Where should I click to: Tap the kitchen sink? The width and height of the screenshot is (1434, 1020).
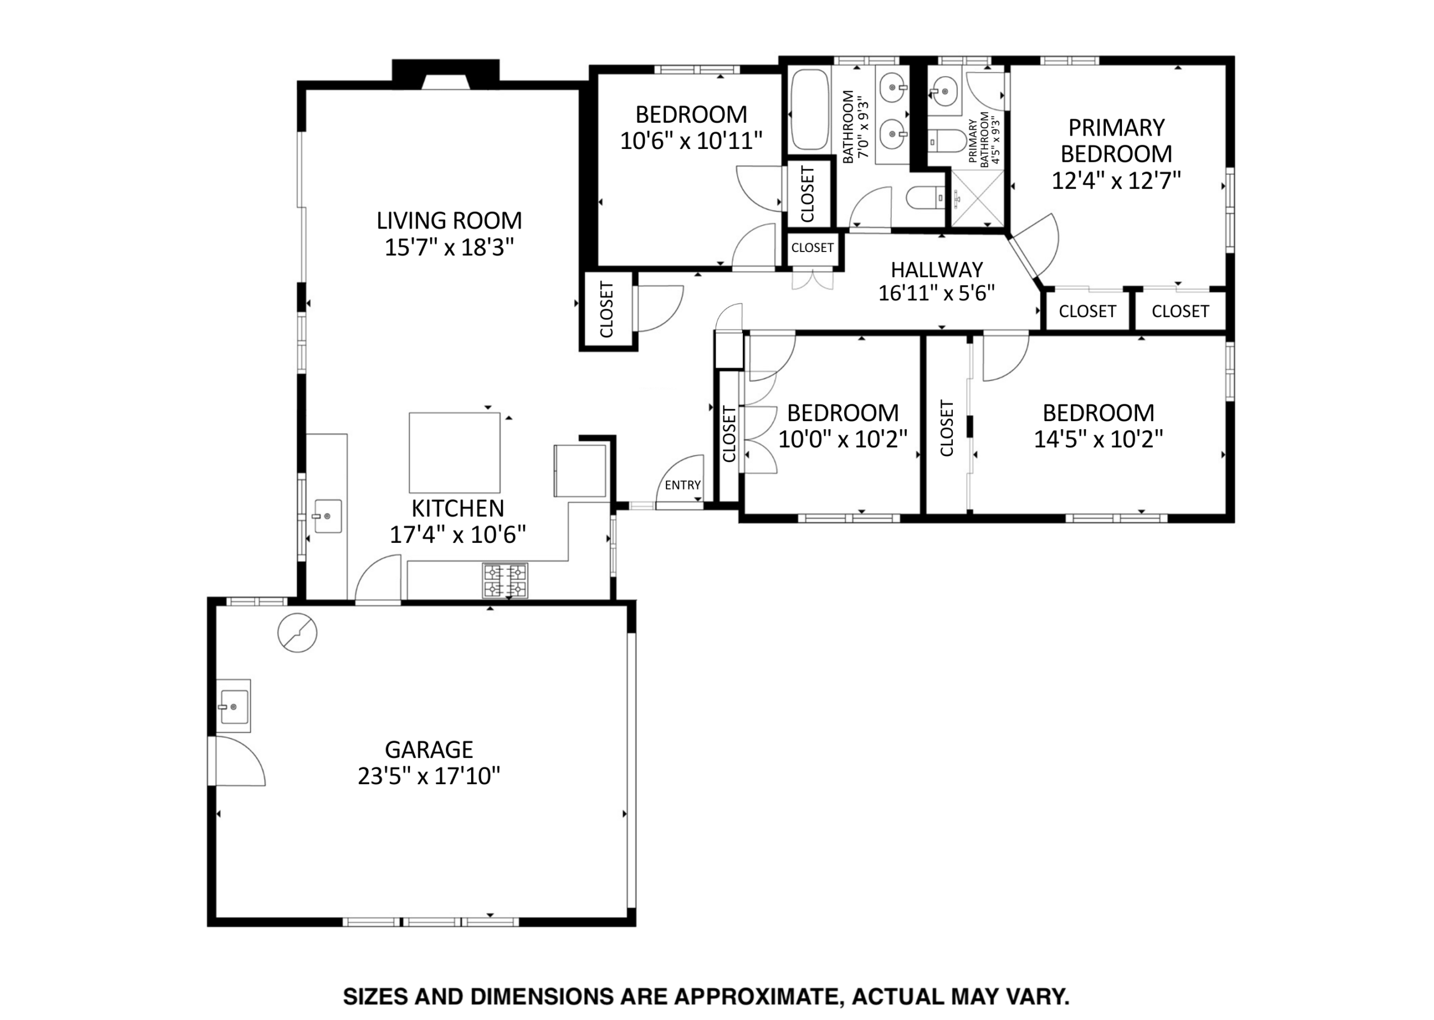pyautogui.click(x=327, y=516)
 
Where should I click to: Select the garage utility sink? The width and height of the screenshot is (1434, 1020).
pyautogui.click(x=234, y=706)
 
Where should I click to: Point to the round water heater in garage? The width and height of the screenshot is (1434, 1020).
pyautogui.click(x=297, y=632)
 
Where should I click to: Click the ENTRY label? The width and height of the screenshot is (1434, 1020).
pyautogui.click(x=683, y=485)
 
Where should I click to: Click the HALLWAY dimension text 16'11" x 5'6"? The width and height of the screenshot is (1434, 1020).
pyautogui.click(x=937, y=294)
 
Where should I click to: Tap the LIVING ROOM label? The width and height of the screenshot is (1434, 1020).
pyautogui.click(x=449, y=221)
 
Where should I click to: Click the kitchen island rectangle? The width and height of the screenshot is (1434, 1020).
pyautogui.click(x=455, y=452)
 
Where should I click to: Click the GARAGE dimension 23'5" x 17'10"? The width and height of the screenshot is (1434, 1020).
pyautogui.click(x=429, y=776)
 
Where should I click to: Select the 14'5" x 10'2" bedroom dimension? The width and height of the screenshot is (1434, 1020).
pyautogui.click(x=1098, y=439)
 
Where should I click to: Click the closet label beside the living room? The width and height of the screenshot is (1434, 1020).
pyautogui.click(x=606, y=310)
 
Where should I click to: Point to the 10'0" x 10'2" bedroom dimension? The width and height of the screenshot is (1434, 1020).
pyautogui.click(x=843, y=439)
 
